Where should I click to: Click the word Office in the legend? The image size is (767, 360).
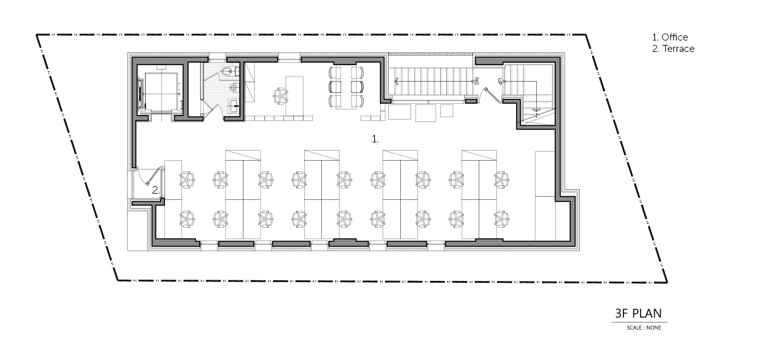coord(675,37)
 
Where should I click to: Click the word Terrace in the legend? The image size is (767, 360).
coord(678,49)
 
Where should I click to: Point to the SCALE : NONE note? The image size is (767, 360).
coord(644,328)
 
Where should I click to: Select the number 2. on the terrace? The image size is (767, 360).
coord(156,190)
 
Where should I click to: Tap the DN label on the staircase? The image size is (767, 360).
coord(476,81)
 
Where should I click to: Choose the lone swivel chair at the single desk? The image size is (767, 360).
coord(281,96)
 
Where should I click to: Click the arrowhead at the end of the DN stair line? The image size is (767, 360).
coord(396,81)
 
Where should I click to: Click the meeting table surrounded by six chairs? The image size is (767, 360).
coord(346,87)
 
